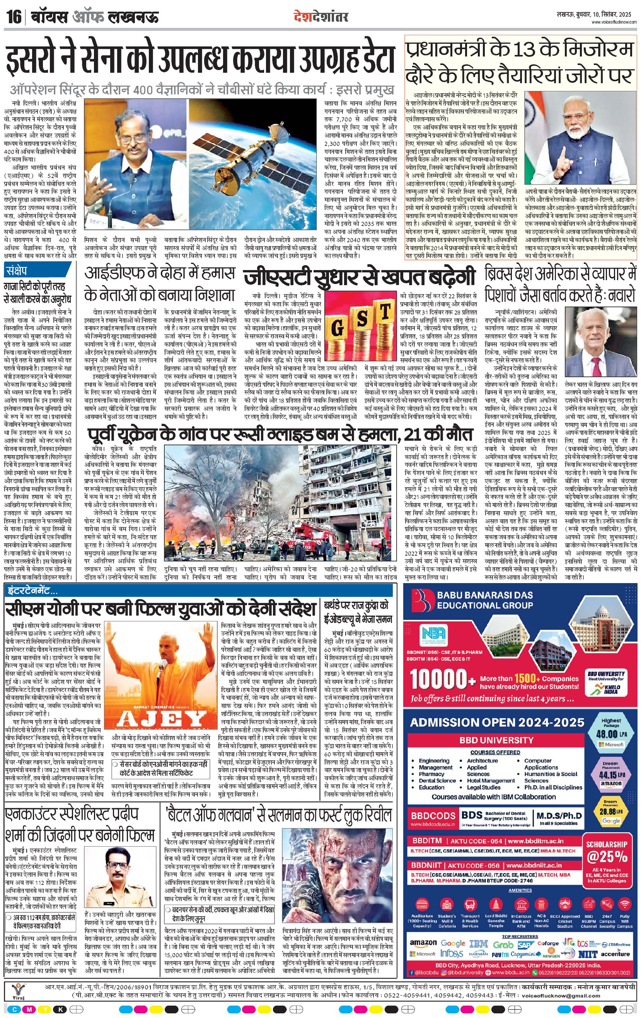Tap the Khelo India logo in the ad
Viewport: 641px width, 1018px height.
606,691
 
